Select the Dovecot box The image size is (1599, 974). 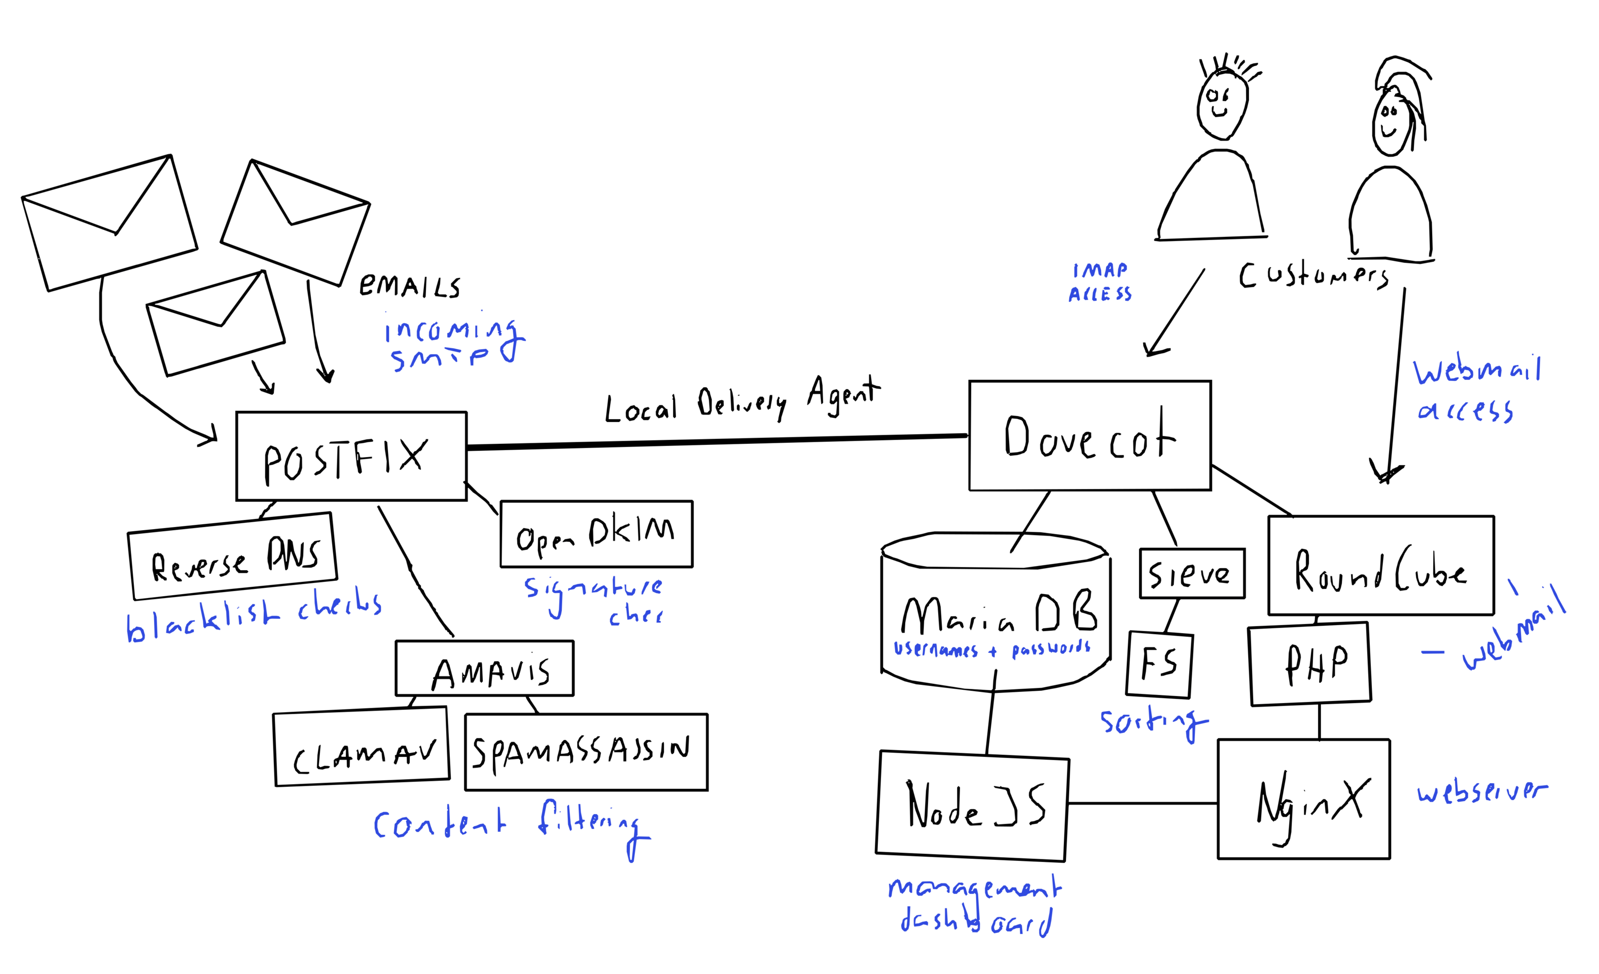tap(1089, 436)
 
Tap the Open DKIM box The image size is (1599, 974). tap(596, 534)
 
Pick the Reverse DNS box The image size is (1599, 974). tap(233, 556)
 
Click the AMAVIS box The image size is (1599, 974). tap(484, 669)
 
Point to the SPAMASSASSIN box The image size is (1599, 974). tap(586, 752)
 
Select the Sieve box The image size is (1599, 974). tap(1191, 573)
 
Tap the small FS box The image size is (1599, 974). tap(1159, 664)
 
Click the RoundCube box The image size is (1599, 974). tap(1380, 565)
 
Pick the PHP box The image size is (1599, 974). tap(1310, 664)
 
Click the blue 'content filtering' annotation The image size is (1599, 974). tap(511, 825)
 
